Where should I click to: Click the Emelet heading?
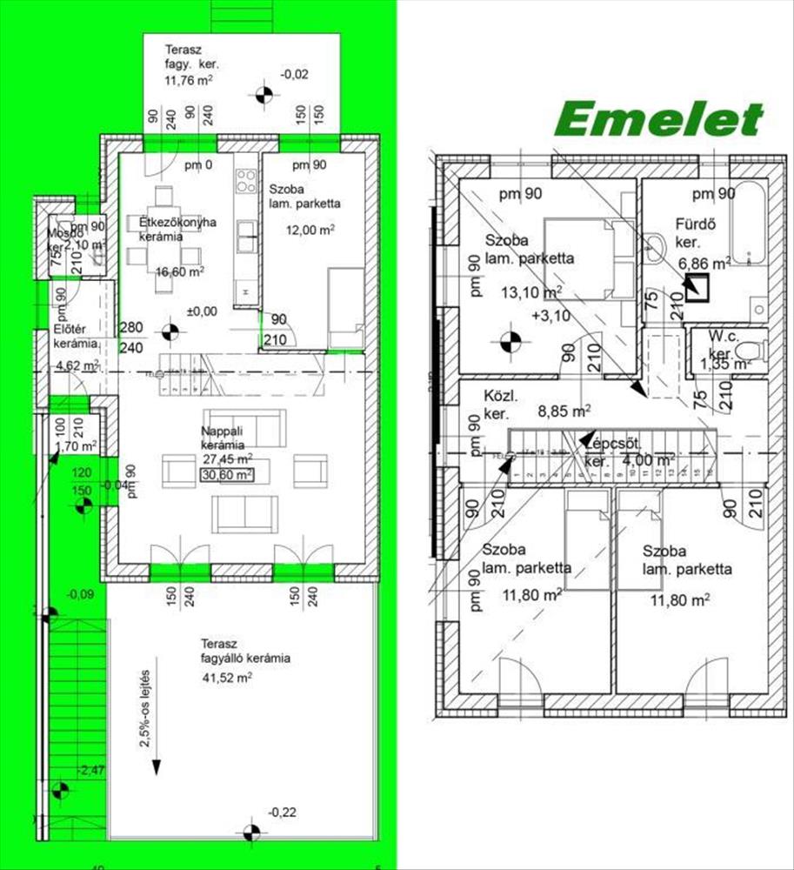click(x=660, y=119)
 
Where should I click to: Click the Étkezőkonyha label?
click(x=178, y=222)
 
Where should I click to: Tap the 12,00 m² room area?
click(x=311, y=230)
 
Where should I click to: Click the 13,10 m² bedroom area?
click(x=530, y=292)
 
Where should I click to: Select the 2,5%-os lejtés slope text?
click(x=147, y=706)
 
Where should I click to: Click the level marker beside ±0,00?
click(x=170, y=331)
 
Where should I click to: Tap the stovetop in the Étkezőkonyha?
click(x=246, y=184)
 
